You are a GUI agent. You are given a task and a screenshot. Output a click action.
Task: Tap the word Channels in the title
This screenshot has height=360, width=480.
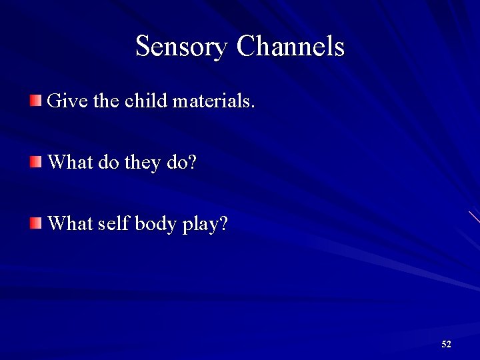click(x=290, y=47)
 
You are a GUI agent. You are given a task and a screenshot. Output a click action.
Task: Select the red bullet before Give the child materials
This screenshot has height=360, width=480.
click(x=35, y=101)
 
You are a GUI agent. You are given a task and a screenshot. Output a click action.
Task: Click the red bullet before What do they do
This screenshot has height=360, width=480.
click(x=35, y=162)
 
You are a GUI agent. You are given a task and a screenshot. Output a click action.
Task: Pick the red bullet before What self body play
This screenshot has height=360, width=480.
click(x=35, y=223)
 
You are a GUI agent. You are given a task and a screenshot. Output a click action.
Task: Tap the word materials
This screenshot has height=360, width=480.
click(x=213, y=101)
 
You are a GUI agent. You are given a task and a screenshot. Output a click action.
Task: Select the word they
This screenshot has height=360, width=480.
click(x=143, y=163)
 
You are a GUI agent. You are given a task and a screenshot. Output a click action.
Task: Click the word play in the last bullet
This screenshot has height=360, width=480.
click(x=204, y=225)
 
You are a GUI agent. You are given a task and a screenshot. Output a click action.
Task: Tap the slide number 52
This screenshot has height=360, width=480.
click(x=446, y=344)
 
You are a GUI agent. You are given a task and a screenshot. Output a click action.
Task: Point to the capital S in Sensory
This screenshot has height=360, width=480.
click(x=143, y=47)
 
